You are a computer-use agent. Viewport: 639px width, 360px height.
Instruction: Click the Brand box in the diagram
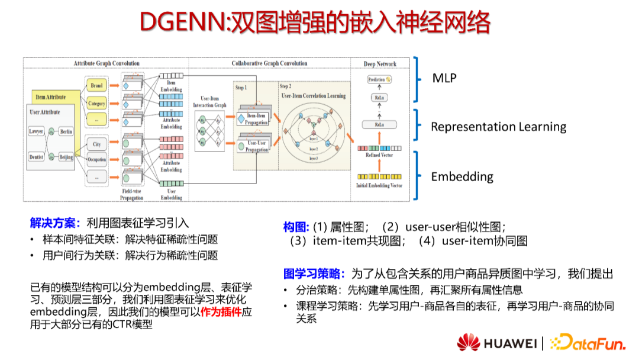(x=96, y=86)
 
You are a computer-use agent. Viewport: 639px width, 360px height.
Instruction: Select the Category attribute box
(x=96, y=104)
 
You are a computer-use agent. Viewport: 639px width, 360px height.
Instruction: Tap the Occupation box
(x=96, y=160)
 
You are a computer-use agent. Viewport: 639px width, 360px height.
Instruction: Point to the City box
(x=96, y=144)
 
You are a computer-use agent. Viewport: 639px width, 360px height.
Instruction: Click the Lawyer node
(x=37, y=131)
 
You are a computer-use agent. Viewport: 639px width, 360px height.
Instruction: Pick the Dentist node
(x=37, y=157)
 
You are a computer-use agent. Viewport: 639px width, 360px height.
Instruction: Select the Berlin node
(x=66, y=131)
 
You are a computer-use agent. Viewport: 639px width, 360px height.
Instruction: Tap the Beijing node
(x=66, y=157)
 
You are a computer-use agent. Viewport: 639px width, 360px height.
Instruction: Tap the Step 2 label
(x=286, y=86)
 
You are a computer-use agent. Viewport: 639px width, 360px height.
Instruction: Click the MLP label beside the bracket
(x=444, y=78)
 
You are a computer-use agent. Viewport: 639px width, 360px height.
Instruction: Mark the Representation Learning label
(x=498, y=127)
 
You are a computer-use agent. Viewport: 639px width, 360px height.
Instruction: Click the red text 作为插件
(x=221, y=312)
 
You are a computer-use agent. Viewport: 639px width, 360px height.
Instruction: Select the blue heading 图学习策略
(x=314, y=274)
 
